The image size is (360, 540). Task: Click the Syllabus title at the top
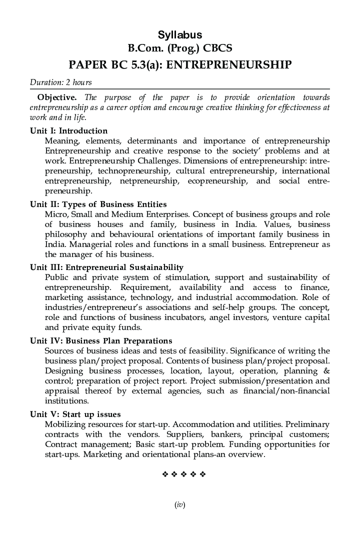pos(180,35)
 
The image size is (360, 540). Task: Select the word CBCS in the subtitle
pos(215,48)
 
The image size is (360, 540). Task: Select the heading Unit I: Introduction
pos(68,131)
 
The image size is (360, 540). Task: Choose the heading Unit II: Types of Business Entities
pos(98,204)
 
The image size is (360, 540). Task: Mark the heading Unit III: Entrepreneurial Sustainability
pos(106,267)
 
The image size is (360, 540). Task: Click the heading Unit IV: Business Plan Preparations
pos(100,341)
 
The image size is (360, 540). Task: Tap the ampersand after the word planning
pos(326,371)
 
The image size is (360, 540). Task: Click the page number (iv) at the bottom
pos(180,505)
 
